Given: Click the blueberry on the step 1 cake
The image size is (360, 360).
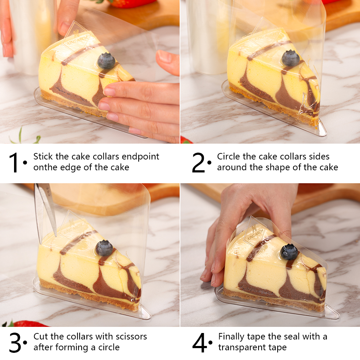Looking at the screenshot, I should tap(106, 61).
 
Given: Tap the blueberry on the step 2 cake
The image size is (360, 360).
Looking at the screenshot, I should tap(291, 58).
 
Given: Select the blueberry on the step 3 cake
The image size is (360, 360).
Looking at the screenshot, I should tap(104, 248).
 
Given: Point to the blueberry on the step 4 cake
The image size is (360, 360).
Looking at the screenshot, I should tap(289, 252).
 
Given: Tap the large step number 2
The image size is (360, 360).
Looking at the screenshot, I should tap(198, 163).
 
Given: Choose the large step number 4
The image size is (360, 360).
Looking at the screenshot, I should tap(199, 343).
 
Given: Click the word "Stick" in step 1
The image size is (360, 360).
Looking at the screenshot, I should tap(43, 157).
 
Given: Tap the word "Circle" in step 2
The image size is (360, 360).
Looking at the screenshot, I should tap(229, 157).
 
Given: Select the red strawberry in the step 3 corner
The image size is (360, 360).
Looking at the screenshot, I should tap(22, 324).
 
